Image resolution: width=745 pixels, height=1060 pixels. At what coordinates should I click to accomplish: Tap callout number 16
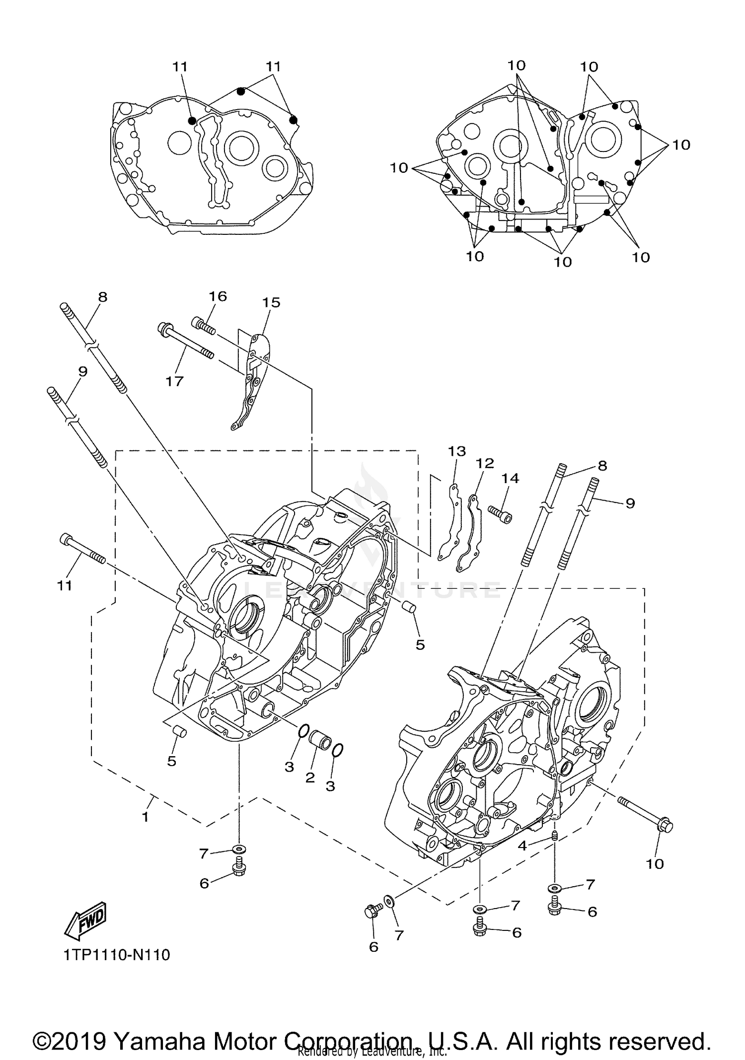pos(218,296)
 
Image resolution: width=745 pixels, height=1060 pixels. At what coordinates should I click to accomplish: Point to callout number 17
pos(175,381)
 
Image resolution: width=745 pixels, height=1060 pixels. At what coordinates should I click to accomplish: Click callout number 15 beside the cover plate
pos(271,302)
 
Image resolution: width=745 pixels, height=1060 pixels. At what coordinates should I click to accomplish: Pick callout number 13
pos(457,451)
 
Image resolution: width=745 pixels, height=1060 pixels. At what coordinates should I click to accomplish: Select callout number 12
pos(485,463)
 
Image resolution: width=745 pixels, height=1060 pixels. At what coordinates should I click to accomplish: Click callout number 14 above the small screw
pos(510,478)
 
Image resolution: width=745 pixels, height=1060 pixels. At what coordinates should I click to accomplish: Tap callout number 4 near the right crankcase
pos(522,846)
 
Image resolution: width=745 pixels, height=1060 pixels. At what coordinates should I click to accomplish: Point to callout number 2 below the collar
pos(310,777)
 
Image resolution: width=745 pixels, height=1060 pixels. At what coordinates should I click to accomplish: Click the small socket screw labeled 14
pos(500,514)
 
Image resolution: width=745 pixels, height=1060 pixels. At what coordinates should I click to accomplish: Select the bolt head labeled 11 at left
pos(66,539)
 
